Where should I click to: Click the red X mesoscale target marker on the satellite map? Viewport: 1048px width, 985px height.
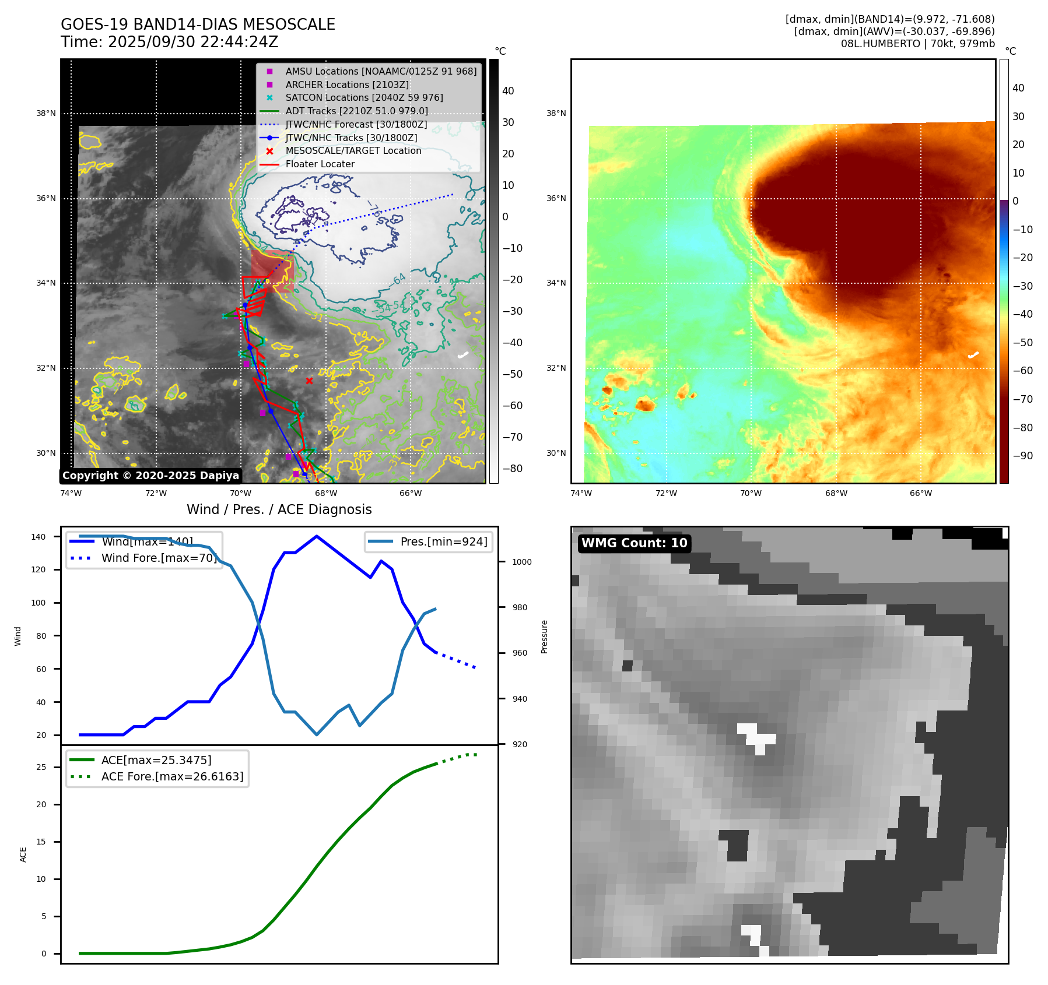(309, 381)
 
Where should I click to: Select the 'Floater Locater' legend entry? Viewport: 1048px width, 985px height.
(320, 164)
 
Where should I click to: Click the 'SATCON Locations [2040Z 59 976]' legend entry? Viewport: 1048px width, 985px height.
(364, 97)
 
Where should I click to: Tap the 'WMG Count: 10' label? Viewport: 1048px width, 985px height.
(634, 543)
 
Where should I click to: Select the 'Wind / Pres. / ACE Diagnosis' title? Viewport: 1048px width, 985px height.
(279, 509)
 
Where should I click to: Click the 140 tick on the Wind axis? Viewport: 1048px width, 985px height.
(38, 537)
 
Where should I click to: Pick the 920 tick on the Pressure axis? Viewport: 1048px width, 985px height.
(519, 744)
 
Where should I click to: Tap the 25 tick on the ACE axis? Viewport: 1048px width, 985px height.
(41, 767)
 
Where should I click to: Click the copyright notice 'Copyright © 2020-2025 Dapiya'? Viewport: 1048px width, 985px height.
(150, 476)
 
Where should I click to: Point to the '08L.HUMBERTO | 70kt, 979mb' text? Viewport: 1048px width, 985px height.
(917, 44)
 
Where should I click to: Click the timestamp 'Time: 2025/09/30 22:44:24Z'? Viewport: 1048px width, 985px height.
(169, 42)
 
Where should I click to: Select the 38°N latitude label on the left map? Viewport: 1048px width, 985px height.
(45, 113)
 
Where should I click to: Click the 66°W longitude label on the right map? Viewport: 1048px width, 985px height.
(920, 493)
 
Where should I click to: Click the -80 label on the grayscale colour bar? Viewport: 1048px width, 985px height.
(512, 469)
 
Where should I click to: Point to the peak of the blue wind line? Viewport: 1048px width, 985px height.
(317, 536)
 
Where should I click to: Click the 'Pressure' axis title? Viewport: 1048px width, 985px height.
(544, 636)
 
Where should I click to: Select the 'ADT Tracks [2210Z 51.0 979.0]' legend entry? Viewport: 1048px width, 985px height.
(356, 111)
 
